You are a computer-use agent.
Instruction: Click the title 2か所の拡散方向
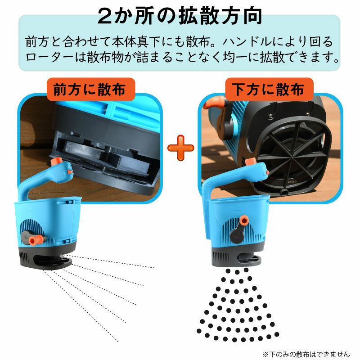click(x=180, y=16)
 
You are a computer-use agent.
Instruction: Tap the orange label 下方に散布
click(x=269, y=89)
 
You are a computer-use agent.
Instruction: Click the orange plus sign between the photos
click(x=181, y=148)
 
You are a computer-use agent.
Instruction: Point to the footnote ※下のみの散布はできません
click(x=306, y=354)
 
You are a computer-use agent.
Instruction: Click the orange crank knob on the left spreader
click(x=36, y=240)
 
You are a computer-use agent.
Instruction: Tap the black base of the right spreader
click(x=237, y=257)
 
